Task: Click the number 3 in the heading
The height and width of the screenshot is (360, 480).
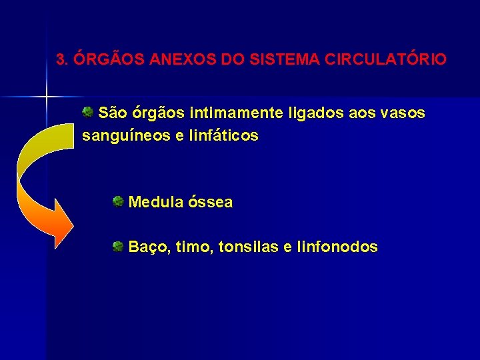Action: tap(61, 60)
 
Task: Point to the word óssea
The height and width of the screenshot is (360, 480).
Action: tap(211, 202)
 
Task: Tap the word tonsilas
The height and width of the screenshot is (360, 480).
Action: tap(247, 247)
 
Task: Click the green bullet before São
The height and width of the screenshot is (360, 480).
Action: tap(87, 112)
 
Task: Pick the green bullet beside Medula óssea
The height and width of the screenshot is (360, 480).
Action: tap(117, 201)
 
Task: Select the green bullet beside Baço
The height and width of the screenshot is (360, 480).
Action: tap(117, 247)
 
